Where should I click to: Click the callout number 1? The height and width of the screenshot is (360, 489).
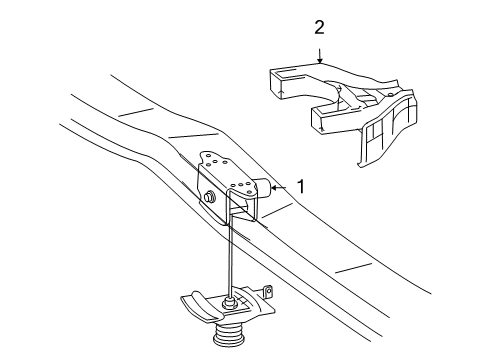coord(301,187)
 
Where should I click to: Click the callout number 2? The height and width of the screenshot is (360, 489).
coord(319,28)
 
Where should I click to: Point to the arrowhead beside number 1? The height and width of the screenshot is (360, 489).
coord(274,188)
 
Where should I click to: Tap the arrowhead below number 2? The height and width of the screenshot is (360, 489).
coord(320,60)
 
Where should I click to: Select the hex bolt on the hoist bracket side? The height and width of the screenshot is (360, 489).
coord(210,196)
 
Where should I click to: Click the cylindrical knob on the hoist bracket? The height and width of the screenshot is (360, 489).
coord(263,188)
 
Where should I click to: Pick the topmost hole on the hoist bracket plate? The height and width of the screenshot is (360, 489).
coord(209,155)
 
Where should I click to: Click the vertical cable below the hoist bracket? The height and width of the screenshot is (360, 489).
coord(229,260)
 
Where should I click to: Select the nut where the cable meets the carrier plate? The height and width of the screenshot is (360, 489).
coord(229,303)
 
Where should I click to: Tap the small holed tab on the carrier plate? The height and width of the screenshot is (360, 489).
coord(268,291)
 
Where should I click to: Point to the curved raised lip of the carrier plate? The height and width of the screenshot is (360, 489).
coord(200,305)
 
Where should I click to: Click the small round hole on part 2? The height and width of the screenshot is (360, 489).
coord(390,95)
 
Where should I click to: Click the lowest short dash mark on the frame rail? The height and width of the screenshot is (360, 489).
coord(353,268)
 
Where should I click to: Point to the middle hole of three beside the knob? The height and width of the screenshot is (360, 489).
coord(241,184)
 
